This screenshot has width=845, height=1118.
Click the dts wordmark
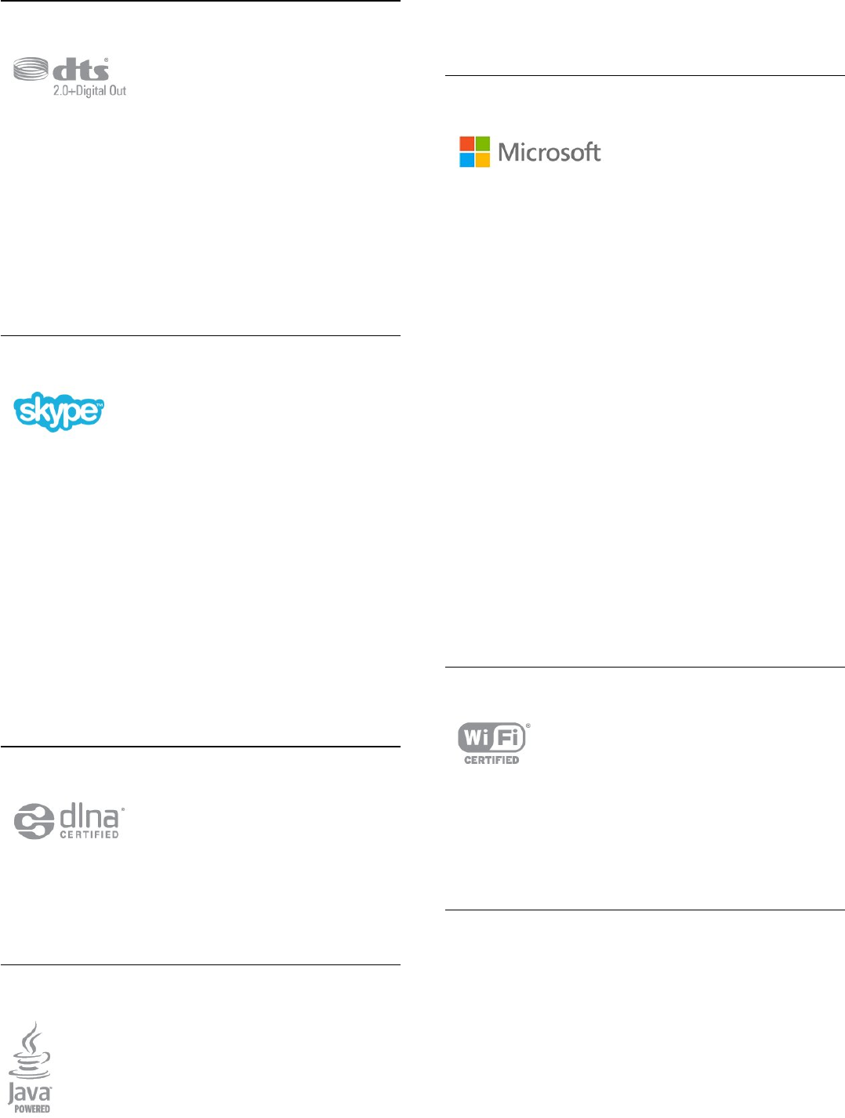tap(82, 70)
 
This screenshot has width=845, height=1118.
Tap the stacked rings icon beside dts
tap(31, 71)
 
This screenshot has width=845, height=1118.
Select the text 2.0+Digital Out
tap(89, 91)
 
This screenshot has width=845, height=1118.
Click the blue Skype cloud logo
tap(59, 411)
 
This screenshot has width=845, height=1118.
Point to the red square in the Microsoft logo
tap(467, 143)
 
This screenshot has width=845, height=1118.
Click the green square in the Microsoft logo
tap(483, 143)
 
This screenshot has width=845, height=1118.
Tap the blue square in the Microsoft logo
tap(467, 159)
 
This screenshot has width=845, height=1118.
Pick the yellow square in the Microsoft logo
tap(483, 159)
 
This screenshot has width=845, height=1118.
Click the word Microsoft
tap(549, 152)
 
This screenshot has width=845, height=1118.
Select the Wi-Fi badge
tap(491, 738)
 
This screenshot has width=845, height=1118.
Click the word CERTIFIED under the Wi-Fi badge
tap(491, 760)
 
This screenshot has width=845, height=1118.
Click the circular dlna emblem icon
tap(34, 821)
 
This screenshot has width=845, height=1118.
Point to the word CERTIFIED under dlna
tap(89, 835)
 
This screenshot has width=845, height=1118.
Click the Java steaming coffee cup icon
tap(31, 1051)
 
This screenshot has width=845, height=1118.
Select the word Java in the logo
tap(29, 1092)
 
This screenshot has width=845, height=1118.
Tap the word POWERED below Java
tap(32, 1109)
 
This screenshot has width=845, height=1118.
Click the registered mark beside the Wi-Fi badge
tap(528, 725)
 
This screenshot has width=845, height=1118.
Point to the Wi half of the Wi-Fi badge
tap(476, 738)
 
